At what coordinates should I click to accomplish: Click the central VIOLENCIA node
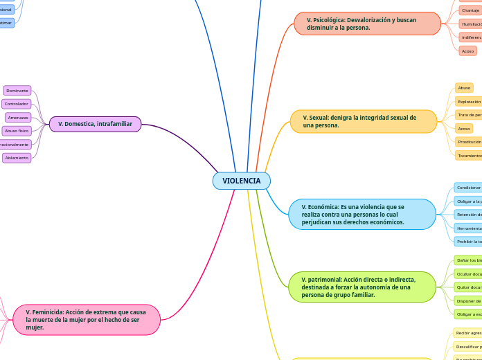click(241, 181)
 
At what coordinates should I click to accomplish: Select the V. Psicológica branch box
click(367, 24)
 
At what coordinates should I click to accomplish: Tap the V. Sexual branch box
click(364, 121)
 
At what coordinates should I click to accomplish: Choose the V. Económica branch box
click(361, 215)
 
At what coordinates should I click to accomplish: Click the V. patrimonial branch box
click(361, 287)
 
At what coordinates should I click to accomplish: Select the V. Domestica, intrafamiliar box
click(95, 124)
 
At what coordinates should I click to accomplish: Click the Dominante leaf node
click(17, 91)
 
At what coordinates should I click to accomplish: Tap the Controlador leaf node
click(16, 104)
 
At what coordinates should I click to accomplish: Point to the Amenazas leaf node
click(18, 118)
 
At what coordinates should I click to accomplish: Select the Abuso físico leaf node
click(17, 131)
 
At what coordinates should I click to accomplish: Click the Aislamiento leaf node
click(17, 158)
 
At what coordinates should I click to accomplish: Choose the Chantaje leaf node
click(470, 10)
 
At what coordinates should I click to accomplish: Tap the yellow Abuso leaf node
click(464, 88)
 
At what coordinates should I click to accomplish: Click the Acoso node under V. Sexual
click(464, 129)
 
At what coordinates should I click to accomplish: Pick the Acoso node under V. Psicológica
click(467, 51)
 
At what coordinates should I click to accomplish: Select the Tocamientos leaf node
click(469, 156)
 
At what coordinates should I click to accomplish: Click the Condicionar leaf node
click(468, 188)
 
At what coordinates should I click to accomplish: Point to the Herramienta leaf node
click(468, 228)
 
